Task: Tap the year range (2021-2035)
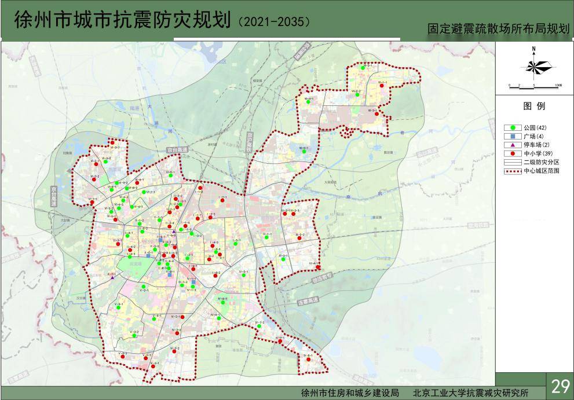(x=274, y=21)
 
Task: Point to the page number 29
(x=560, y=386)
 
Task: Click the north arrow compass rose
(x=534, y=65)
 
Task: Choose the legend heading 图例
(x=534, y=107)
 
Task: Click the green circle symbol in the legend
(x=513, y=127)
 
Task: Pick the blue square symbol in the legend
(x=513, y=136)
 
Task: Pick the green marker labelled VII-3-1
(x=363, y=68)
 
